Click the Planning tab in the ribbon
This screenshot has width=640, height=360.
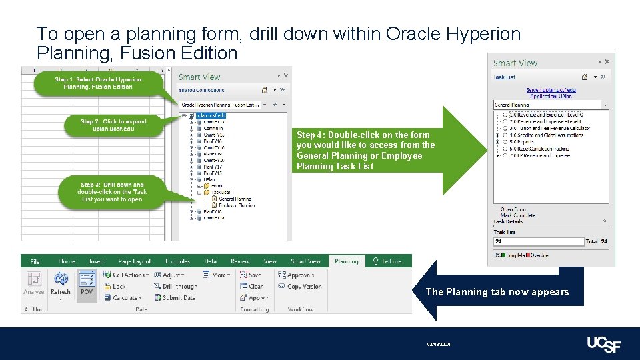346,261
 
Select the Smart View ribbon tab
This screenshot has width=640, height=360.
305,261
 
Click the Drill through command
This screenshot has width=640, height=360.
175,287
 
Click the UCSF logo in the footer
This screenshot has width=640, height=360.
603,344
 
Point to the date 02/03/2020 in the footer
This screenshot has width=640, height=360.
439,344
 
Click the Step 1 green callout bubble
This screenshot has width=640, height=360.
98,83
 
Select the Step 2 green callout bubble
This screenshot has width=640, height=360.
113,125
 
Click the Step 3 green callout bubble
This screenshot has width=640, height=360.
111,192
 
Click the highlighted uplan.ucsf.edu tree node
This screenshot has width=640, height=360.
211,115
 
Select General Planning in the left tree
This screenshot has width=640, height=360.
234,199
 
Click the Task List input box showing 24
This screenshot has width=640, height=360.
539,241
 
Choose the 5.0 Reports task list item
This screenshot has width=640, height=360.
527,141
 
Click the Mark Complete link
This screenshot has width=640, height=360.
517,215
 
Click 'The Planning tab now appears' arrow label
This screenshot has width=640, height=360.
497,292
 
